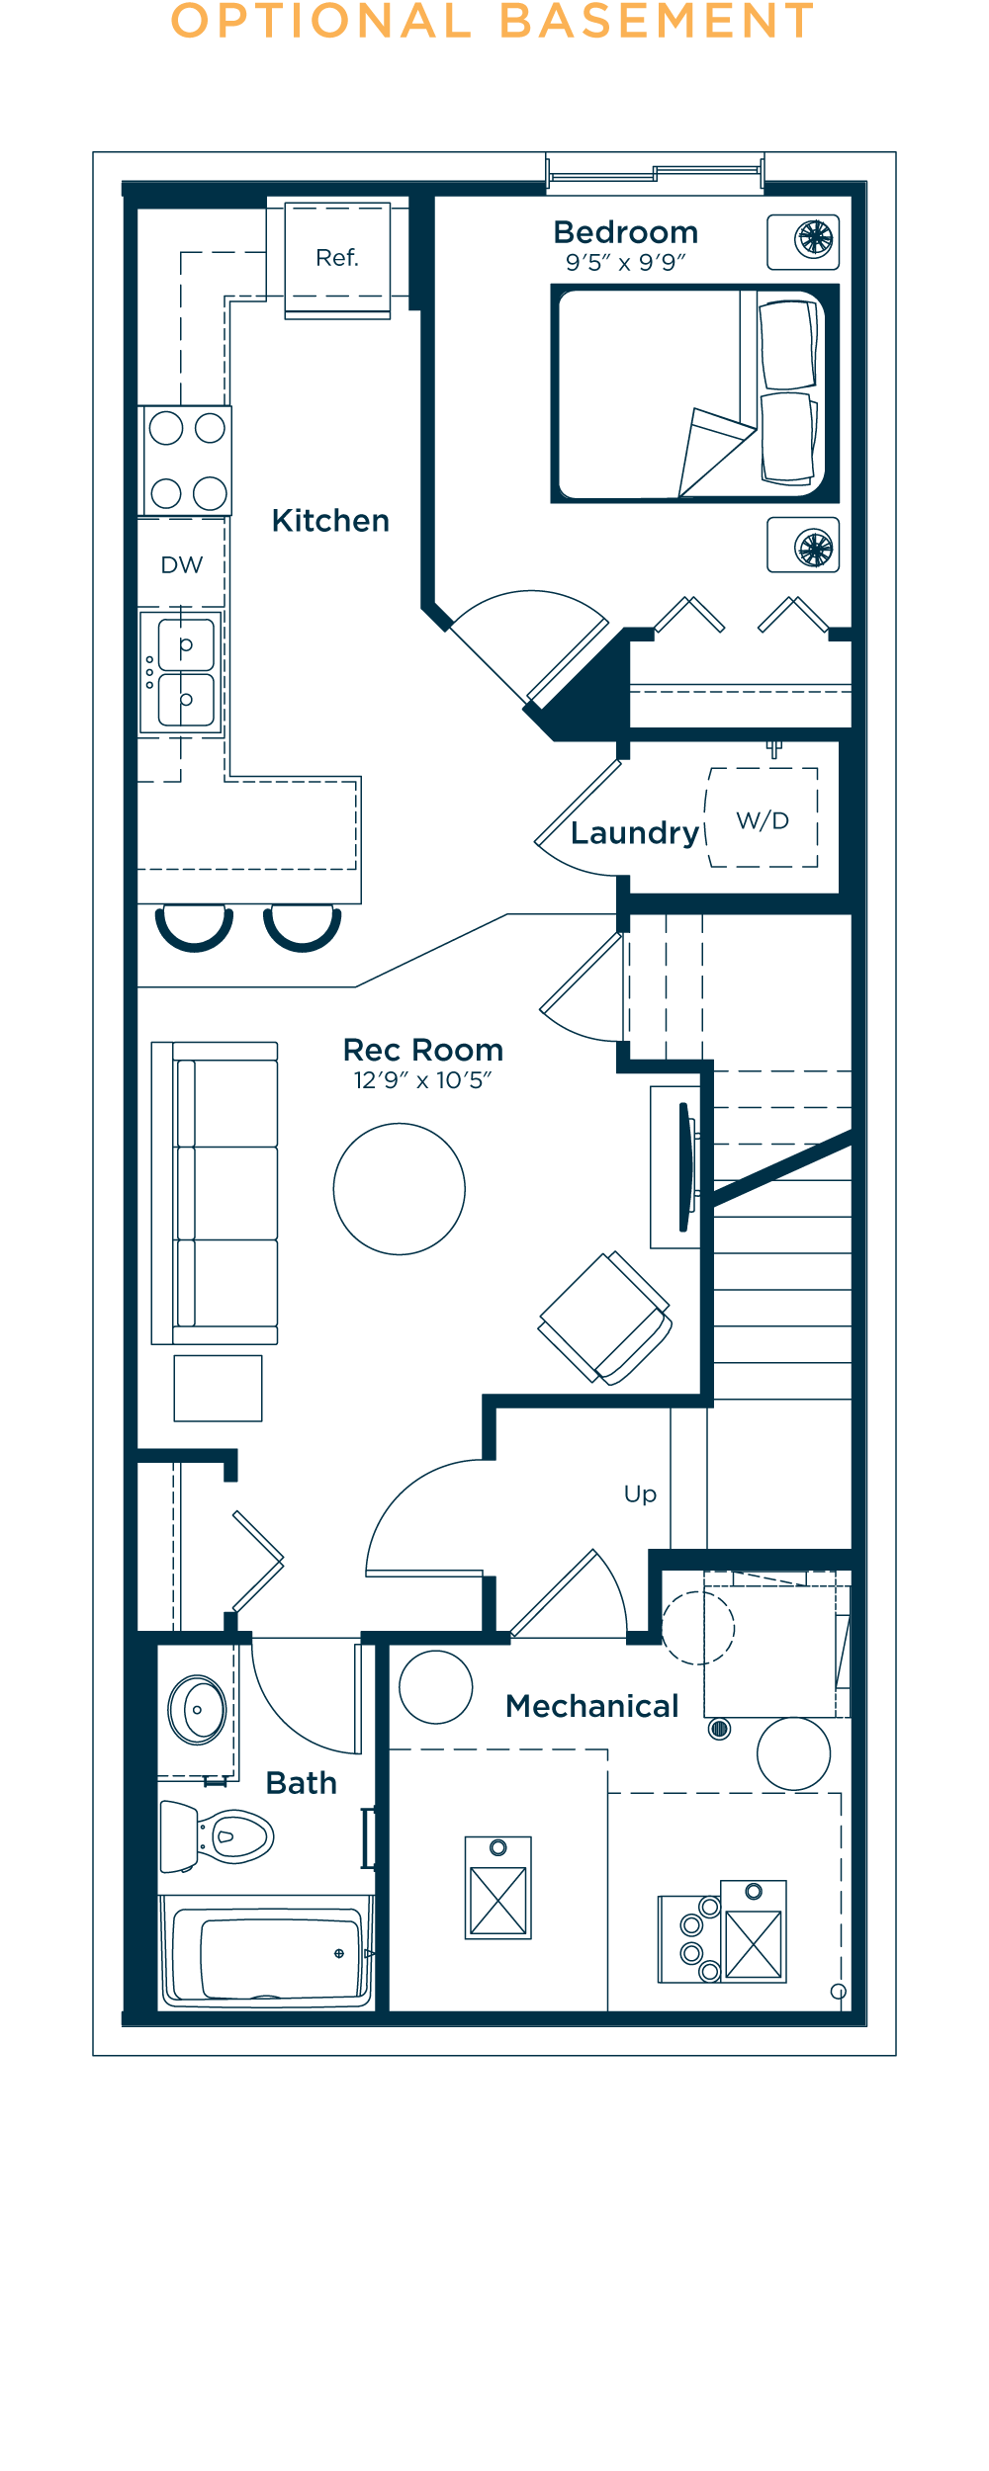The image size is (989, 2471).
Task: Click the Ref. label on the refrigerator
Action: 336,258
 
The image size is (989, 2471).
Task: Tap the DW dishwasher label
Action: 182,565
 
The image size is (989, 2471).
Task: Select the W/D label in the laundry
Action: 763,820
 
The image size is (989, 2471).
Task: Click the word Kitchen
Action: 330,521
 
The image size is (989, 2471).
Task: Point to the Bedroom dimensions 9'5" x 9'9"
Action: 625,263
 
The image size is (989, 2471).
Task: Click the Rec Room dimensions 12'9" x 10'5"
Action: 422,1080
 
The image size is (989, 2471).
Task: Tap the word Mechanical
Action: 592,1706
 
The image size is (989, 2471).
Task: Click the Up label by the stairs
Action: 640,1494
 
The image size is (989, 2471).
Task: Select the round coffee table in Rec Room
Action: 400,1189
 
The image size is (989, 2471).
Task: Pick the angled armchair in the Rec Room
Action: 605,1319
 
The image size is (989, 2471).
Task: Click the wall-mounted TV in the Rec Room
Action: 684,1167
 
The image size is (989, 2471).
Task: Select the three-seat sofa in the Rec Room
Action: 215,1193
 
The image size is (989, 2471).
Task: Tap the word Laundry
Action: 635,833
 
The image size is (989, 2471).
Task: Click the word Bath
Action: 302,1783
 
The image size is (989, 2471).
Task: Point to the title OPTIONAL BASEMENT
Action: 493,21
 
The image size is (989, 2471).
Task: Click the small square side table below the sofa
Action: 218,1389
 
